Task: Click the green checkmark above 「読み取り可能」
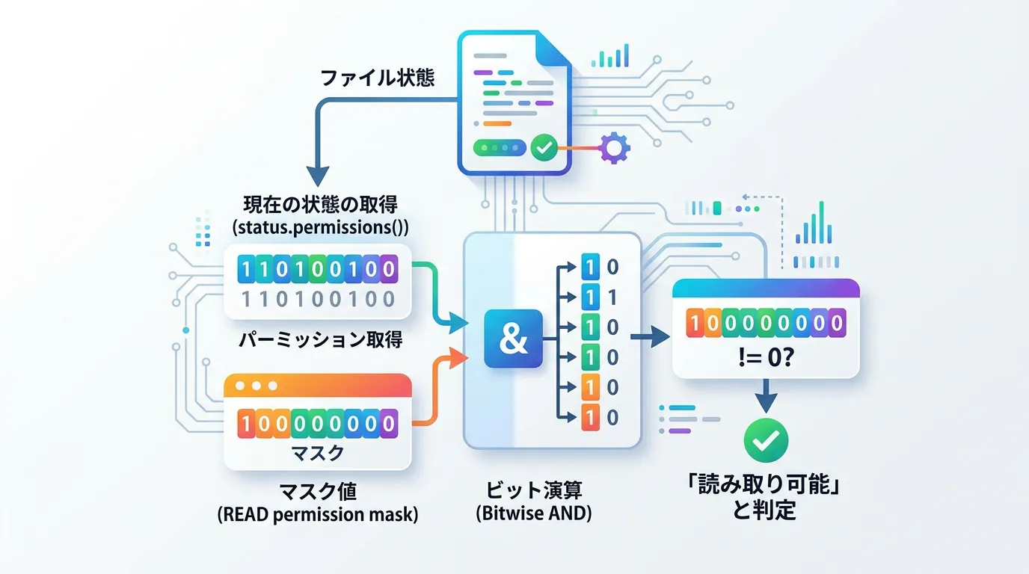(x=766, y=440)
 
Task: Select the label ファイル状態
(x=378, y=78)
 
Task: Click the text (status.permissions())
(x=317, y=227)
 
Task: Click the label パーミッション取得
(x=321, y=340)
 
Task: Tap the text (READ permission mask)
(x=318, y=514)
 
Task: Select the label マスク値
(x=317, y=492)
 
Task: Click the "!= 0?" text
(x=765, y=358)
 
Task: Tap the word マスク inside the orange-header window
(x=317, y=453)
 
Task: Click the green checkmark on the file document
(x=544, y=148)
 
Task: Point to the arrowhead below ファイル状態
(x=318, y=175)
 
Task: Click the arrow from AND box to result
(x=650, y=338)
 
